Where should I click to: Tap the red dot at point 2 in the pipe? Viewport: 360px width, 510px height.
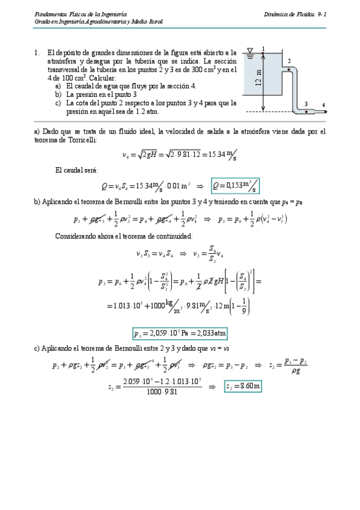[288, 69]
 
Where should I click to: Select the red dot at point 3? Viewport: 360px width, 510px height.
[306, 111]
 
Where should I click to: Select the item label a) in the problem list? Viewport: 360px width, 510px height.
[58, 86]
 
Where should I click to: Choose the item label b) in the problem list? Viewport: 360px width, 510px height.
[58, 94]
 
